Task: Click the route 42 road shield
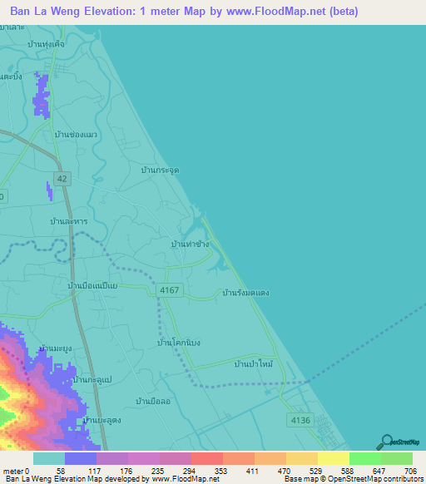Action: [x=62, y=177]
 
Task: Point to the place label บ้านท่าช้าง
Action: [x=190, y=244]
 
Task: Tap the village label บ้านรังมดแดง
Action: [x=246, y=293]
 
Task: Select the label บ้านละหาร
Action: [x=69, y=222]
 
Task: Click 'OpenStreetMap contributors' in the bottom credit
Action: [x=379, y=479]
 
